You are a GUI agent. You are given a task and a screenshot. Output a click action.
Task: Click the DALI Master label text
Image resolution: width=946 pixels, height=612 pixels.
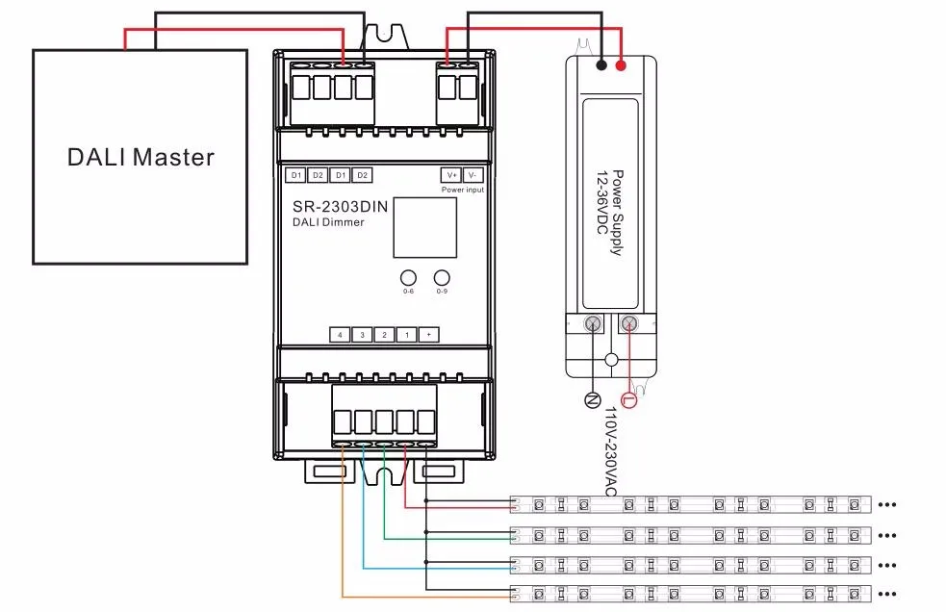[x=141, y=157]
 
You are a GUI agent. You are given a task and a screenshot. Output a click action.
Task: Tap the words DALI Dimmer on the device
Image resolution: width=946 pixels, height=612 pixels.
[x=328, y=223]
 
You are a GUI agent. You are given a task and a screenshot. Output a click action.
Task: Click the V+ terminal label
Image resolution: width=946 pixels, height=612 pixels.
[x=451, y=175]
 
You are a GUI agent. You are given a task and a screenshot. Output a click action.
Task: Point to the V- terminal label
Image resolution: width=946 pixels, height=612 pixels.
[x=472, y=175]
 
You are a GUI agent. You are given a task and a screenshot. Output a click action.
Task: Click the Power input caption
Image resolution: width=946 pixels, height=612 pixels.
[x=463, y=191]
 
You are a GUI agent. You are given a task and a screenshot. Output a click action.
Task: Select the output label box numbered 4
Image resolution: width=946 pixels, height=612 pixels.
[x=340, y=335]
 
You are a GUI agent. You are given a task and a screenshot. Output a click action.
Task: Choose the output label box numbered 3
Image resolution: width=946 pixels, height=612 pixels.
[x=362, y=335]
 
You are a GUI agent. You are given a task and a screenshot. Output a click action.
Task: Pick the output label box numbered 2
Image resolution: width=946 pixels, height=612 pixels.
[x=384, y=335]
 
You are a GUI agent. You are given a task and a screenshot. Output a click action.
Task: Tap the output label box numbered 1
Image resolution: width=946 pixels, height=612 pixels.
[x=406, y=335]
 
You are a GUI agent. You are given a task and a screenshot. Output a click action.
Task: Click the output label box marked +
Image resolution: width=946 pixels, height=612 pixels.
[x=428, y=335]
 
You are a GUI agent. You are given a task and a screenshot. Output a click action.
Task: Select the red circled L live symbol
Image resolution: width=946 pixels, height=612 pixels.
[x=629, y=399]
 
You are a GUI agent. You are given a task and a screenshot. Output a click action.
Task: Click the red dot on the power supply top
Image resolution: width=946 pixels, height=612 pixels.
[x=621, y=65]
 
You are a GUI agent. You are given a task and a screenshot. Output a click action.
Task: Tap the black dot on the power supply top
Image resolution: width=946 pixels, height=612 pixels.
[x=601, y=65]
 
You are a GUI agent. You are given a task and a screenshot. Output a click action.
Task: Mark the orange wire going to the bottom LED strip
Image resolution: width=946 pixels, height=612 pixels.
[x=344, y=539]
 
